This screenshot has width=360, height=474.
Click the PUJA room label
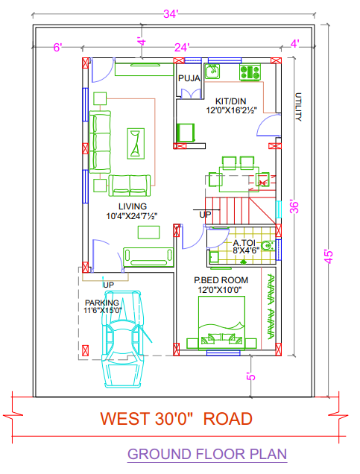[x=188, y=77]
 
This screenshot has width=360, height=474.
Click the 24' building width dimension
[x=182, y=46]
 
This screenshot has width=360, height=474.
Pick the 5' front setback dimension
[x=251, y=376]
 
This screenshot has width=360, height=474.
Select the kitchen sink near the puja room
[x=212, y=72]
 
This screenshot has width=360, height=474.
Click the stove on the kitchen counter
[x=249, y=72]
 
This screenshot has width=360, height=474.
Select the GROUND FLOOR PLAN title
[x=206, y=454]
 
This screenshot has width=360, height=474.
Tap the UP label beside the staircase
[x=204, y=215]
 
